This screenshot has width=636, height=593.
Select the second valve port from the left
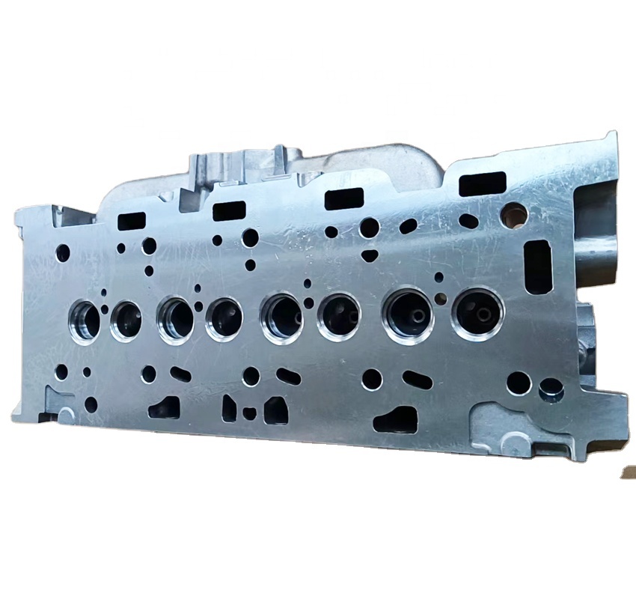tap(126, 320)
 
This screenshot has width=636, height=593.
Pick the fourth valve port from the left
tap(224, 317)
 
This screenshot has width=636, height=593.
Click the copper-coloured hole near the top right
tap(515, 214)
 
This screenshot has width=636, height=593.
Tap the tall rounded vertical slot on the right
tap(538, 266)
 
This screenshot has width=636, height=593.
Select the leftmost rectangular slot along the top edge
tap(132, 221)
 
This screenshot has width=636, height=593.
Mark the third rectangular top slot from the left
tap(344, 198)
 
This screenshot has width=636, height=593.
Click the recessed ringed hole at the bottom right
tap(551, 389)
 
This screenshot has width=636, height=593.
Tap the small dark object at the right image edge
tap(629, 471)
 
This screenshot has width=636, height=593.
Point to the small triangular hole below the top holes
tap(370, 255)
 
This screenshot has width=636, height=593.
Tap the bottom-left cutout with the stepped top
tap(165, 407)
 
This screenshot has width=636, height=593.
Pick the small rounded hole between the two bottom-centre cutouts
tap(250, 413)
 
